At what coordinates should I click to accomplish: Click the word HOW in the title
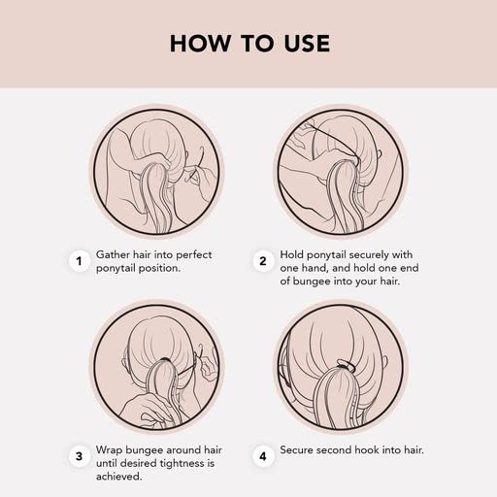click(x=200, y=44)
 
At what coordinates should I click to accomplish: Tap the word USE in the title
click(x=307, y=44)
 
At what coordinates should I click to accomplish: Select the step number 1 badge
click(x=79, y=261)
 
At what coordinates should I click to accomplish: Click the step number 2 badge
click(x=263, y=261)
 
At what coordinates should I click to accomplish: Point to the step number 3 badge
click(x=79, y=456)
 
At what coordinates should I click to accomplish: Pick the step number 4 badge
click(x=263, y=456)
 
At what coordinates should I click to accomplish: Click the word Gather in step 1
click(x=113, y=254)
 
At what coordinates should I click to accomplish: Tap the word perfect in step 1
click(x=194, y=255)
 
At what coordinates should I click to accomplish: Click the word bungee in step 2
click(x=310, y=282)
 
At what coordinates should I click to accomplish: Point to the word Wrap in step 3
click(x=109, y=450)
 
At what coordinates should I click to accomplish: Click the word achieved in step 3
click(x=118, y=477)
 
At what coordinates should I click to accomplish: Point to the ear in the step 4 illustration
click(x=384, y=365)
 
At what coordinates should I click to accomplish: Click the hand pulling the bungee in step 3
click(x=207, y=367)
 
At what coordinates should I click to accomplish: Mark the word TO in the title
click(x=257, y=44)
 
